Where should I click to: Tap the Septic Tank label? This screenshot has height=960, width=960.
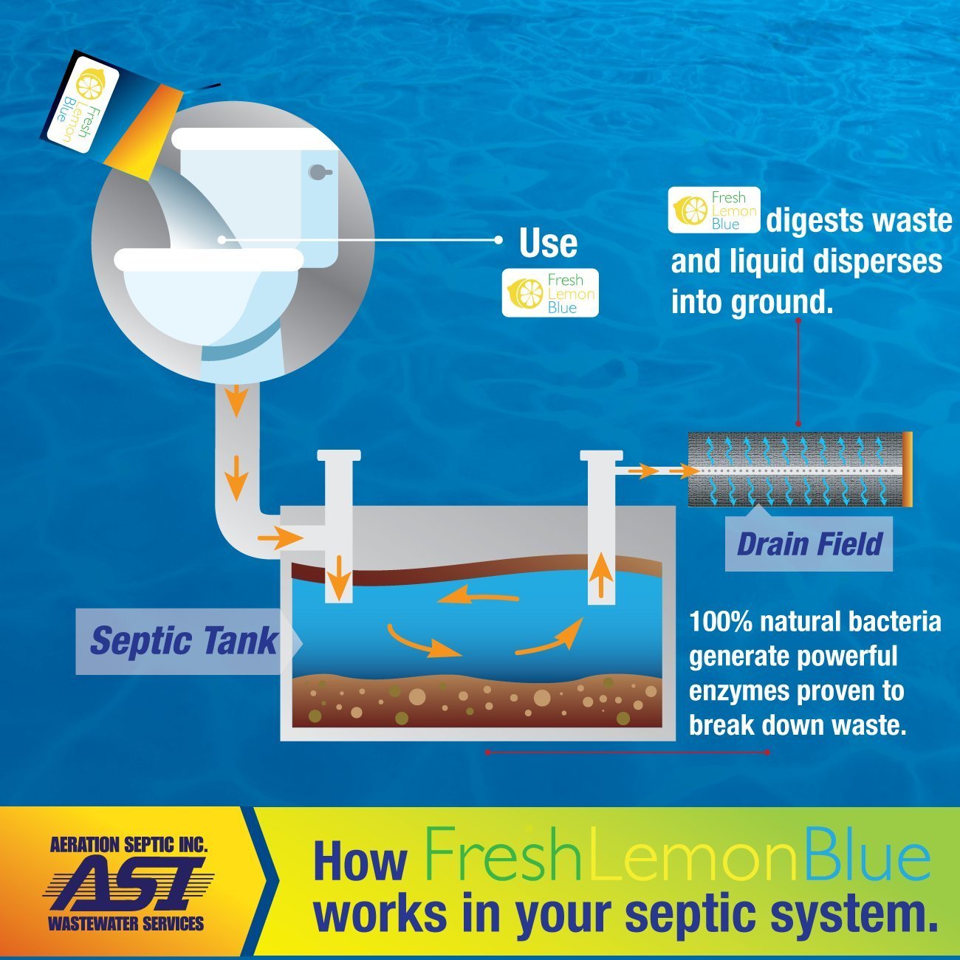(183, 640)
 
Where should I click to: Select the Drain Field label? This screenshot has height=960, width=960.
(809, 544)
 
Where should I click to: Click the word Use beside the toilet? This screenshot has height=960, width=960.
(548, 244)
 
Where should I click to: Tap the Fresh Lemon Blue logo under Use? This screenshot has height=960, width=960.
(550, 294)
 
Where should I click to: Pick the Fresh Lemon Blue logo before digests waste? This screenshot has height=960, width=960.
(714, 210)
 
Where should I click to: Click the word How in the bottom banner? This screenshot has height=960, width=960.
(360, 861)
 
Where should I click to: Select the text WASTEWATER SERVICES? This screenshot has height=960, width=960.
(126, 923)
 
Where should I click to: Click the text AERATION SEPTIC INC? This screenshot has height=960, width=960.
(128, 845)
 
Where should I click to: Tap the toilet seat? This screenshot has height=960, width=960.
(209, 258)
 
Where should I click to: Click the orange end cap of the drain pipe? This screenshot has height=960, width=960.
(907, 469)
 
